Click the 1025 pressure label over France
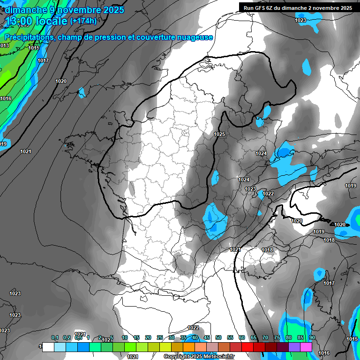[x=219, y=134]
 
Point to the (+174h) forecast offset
[x=83, y=21]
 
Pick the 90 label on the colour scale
[x=312, y=337]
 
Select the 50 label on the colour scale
[x=218, y=337]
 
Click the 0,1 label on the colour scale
[x=55, y=337]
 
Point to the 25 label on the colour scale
[x=160, y=337]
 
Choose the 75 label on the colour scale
[x=277, y=337]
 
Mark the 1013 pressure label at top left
[x=4, y=45]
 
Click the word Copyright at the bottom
[x=176, y=356]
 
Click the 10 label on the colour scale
[x=125, y=337]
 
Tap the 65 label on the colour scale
[x=254, y=337]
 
